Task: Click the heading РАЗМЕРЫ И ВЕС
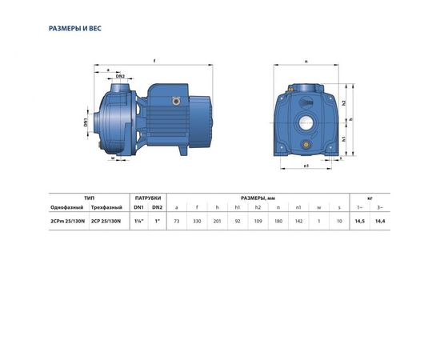pos(75,28)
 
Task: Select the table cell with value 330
pos(197,220)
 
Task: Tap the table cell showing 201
pos(217,220)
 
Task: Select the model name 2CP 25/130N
pos(106,220)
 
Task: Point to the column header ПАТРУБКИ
pos(147,197)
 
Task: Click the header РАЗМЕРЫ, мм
pos(258,197)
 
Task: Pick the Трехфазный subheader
pos(106,207)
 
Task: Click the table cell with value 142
pos(298,220)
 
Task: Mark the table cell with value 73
pos(177,220)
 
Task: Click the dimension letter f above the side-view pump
pos(153,60)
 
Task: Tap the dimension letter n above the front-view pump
pos(306,60)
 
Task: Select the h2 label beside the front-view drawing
pos(343,103)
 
